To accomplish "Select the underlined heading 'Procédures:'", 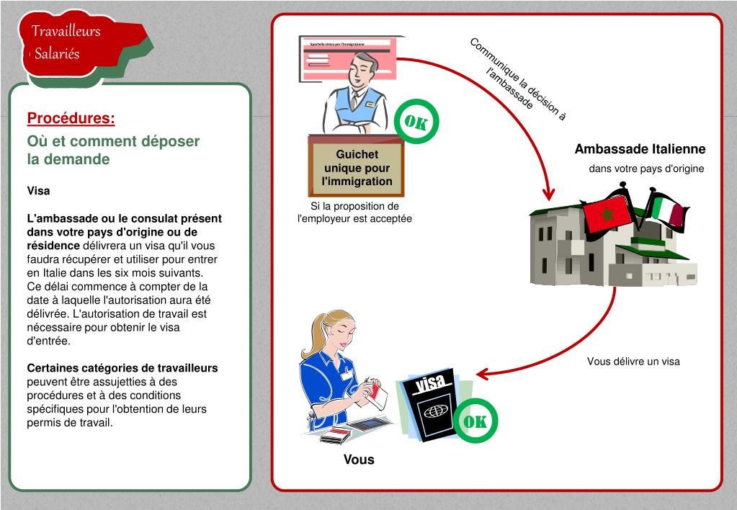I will [71, 118].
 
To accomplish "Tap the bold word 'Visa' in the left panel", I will [38, 191].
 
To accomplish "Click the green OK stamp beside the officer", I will [416, 122].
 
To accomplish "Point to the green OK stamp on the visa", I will [475, 421].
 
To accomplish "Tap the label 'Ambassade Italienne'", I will [640, 149].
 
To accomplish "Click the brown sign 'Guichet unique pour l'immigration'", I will [357, 168].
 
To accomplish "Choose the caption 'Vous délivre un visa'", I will [633, 361].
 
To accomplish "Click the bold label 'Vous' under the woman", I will [359, 460].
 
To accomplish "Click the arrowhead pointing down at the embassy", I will [549, 194].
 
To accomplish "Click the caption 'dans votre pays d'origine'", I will [646, 169].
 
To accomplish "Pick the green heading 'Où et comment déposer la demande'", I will [113, 150].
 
